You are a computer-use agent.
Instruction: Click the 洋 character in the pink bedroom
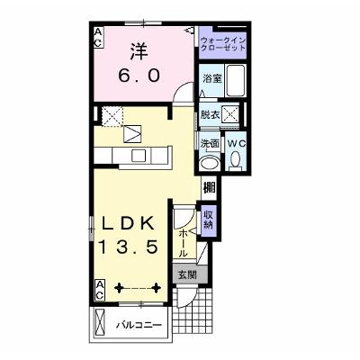[x=139, y=52]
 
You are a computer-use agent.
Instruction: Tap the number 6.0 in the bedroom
[x=139, y=76]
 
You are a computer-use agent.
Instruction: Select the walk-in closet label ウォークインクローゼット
[x=223, y=44]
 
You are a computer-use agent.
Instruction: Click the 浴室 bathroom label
[x=212, y=79]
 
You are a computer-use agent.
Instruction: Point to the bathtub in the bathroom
[x=236, y=80]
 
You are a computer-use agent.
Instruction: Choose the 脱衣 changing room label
[x=211, y=115]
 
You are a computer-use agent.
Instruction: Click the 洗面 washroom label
[x=210, y=144]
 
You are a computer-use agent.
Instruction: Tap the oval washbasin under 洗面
[x=210, y=164]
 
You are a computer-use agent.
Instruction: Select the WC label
[x=236, y=144]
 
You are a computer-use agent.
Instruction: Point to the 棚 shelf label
[x=210, y=188]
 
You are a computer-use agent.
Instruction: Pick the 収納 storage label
[x=209, y=220]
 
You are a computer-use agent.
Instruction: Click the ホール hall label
[x=183, y=243]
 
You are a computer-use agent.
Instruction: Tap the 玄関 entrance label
[x=188, y=274]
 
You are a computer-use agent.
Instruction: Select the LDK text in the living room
[x=129, y=223]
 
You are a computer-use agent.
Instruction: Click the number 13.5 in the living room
[x=129, y=247]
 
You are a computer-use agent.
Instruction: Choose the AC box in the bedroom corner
[x=98, y=37]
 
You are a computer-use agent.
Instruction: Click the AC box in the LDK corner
[x=100, y=290]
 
